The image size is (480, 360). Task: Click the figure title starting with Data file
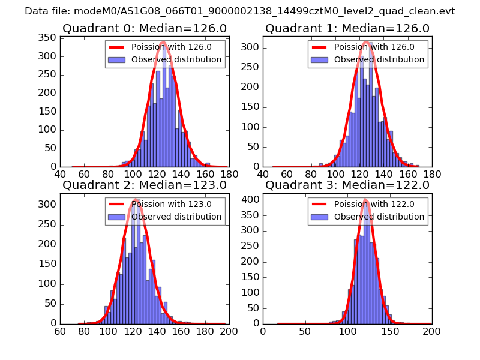(x=240, y=11)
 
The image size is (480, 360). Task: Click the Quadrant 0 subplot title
(x=145, y=28)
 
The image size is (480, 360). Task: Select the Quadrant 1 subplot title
(x=347, y=28)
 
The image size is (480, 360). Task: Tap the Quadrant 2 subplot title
(x=145, y=185)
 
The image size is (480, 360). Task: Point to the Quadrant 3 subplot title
(x=347, y=185)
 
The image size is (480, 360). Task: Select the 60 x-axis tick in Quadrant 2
(x=60, y=331)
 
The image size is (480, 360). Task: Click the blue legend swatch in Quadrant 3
(x=319, y=217)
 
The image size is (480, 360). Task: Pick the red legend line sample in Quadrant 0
(x=116, y=47)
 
